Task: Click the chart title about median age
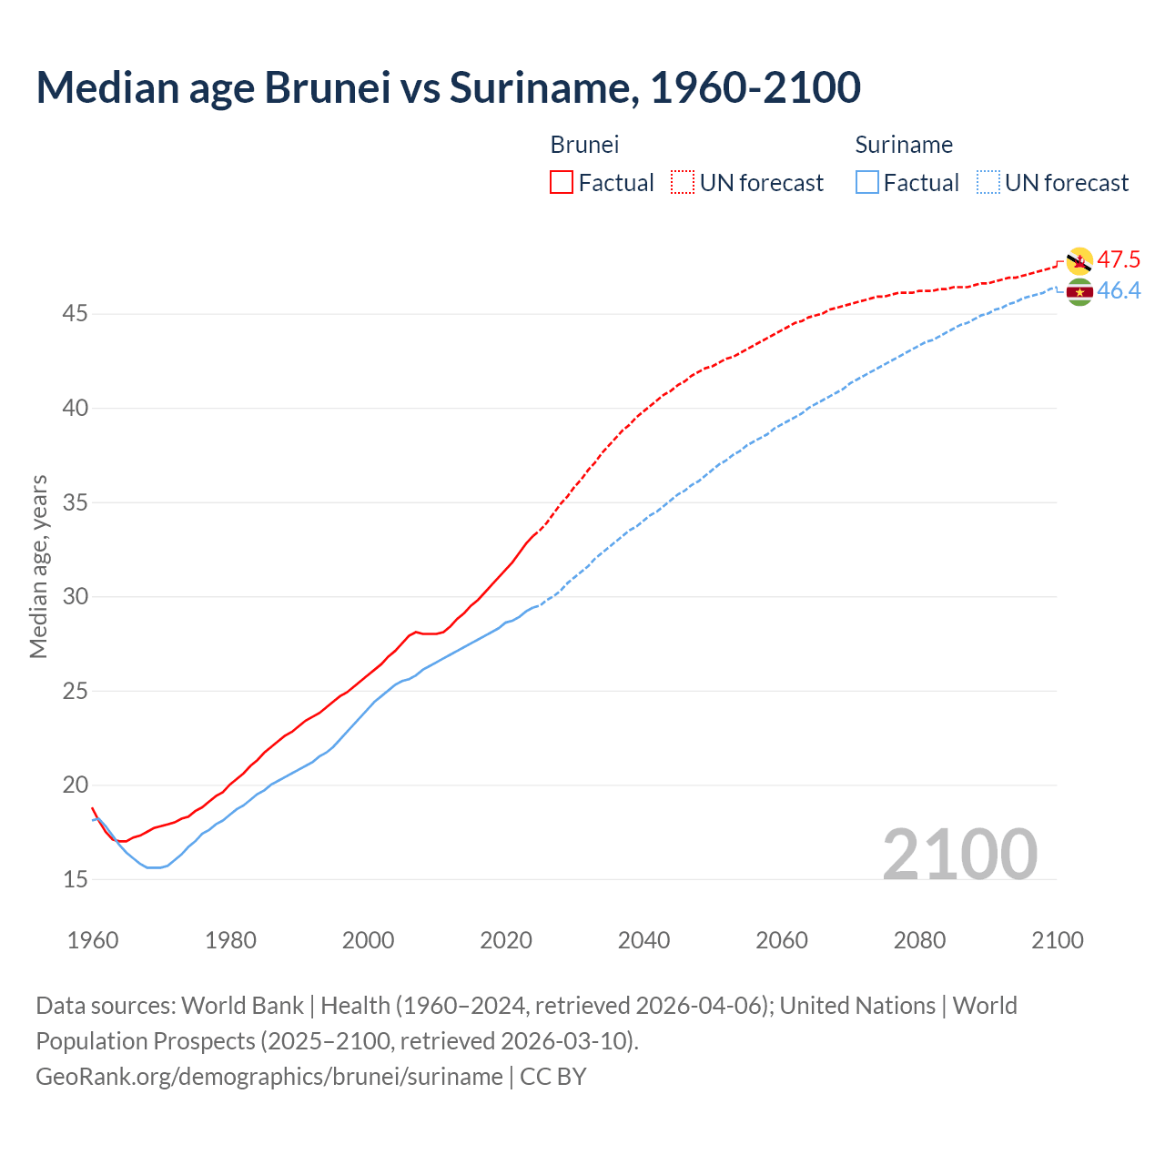tap(448, 87)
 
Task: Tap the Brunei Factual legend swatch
tap(562, 182)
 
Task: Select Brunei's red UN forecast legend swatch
tap(683, 182)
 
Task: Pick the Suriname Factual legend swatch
tap(867, 182)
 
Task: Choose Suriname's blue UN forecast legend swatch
tap(988, 182)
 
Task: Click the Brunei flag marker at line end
tap(1079, 261)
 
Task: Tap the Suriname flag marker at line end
tap(1079, 292)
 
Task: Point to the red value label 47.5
tap(1119, 260)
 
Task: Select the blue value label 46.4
tap(1119, 291)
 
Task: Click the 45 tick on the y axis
tap(76, 314)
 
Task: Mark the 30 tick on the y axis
tap(76, 597)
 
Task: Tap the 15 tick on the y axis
tap(76, 879)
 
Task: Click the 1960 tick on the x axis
tap(93, 940)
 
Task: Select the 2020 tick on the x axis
tap(506, 940)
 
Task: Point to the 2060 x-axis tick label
tap(782, 940)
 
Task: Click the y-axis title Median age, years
tap(38, 566)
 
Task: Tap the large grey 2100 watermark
tap(960, 854)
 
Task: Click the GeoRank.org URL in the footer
tap(268, 1077)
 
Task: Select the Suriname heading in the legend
tap(904, 145)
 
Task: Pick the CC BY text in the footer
tap(553, 1077)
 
